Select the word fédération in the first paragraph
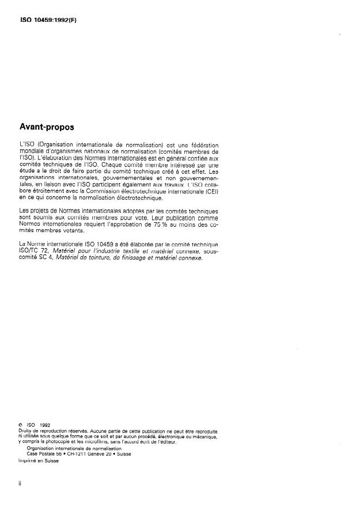(203, 144)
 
